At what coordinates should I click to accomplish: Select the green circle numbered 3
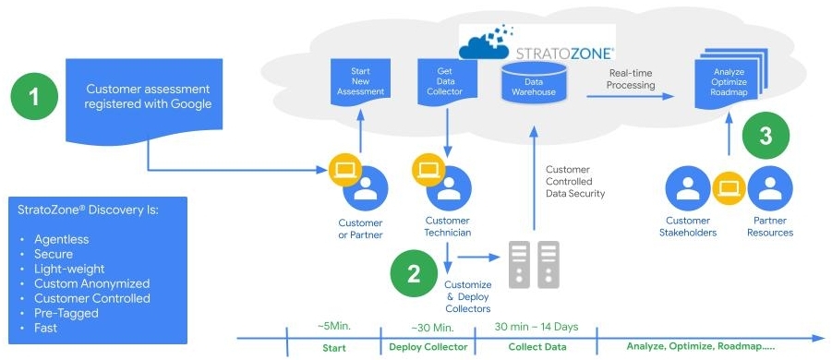click(x=766, y=136)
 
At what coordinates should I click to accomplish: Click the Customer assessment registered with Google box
click(x=148, y=98)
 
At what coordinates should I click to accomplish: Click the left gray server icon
click(x=519, y=263)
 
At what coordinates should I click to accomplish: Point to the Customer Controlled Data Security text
click(x=574, y=181)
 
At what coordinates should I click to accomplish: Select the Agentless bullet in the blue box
click(x=61, y=239)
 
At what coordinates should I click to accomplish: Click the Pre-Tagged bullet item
click(x=66, y=313)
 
